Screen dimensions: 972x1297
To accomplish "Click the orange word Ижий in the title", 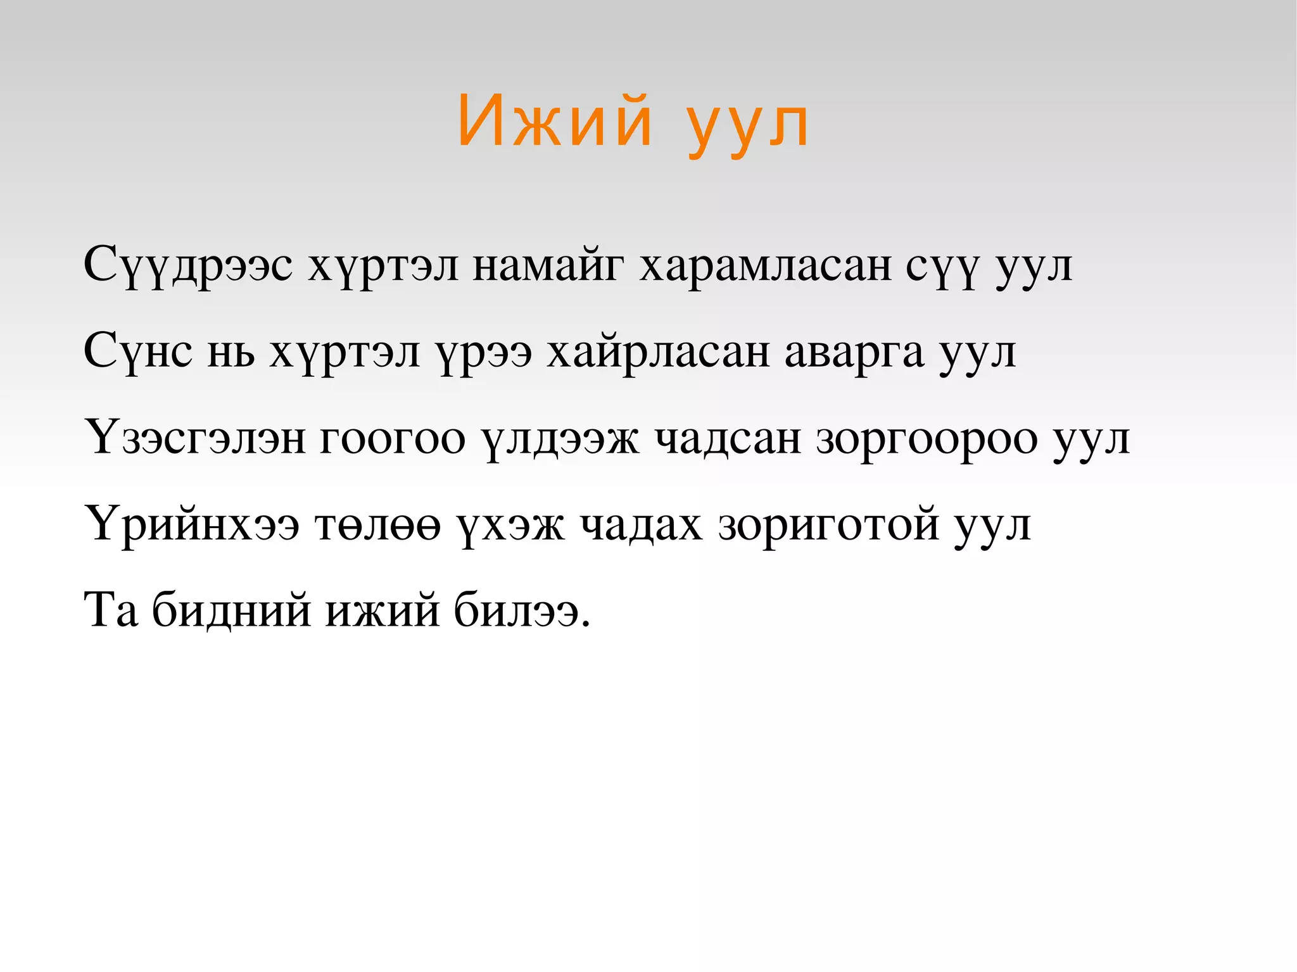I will (555, 122).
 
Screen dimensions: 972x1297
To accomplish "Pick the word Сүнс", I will (138, 352).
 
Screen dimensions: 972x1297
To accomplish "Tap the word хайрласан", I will (658, 352).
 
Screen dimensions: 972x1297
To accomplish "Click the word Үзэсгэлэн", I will (195, 438).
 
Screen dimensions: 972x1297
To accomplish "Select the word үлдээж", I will (560, 438).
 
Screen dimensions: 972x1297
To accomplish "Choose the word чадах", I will (641, 524).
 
